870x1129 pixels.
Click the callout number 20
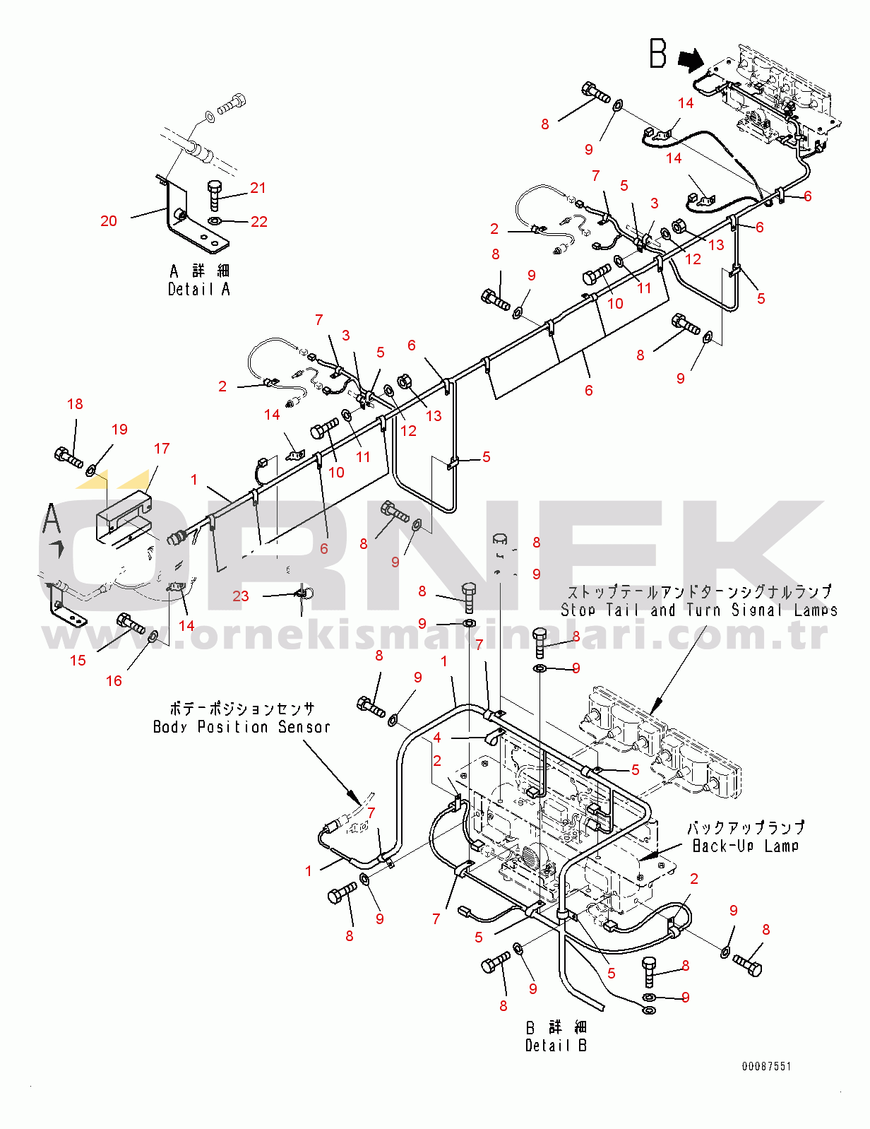[x=109, y=221]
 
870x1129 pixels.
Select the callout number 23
[x=240, y=596]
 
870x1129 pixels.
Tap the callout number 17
[x=162, y=449]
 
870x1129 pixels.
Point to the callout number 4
[x=437, y=738]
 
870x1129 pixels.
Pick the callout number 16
[x=114, y=680]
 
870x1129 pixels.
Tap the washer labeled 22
[x=213, y=222]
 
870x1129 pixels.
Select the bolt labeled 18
[x=68, y=457]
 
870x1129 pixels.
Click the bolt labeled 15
[x=131, y=623]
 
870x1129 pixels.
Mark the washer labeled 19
[x=89, y=471]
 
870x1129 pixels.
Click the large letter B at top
[x=657, y=54]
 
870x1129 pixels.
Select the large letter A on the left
[x=52, y=518]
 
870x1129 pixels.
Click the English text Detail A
[x=199, y=289]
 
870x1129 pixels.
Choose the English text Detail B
[x=556, y=1045]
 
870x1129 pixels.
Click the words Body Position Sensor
[x=242, y=726]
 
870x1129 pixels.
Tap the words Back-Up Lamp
[x=746, y=846]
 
